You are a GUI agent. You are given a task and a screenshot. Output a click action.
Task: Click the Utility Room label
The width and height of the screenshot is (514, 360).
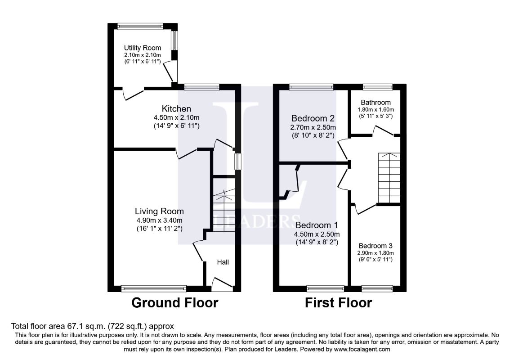[x=142, y=48]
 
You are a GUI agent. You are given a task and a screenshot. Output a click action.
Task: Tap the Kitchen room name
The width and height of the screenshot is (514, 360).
[x=176, y=108]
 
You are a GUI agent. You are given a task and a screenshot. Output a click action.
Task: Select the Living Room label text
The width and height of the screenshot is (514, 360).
[x=159, y=211]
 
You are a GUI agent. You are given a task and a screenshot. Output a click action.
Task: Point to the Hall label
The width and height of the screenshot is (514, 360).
[x=223, y=262]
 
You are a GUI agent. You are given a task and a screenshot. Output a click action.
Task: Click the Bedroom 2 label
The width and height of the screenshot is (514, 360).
[x=313, y=118]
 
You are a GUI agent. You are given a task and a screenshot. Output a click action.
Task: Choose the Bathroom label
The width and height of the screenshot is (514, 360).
[x=375, y=103]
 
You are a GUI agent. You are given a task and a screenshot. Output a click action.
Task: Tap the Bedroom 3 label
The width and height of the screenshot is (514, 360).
[x=375, y=246]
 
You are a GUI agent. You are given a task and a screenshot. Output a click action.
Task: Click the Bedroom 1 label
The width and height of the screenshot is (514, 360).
[x=317, y=225]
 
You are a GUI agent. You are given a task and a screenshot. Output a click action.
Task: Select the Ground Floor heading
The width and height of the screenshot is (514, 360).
[x=175, y=302]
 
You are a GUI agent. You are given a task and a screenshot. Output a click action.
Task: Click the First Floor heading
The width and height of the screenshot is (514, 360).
[x=338, y=302]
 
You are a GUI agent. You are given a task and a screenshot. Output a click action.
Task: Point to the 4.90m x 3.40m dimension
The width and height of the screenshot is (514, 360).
[x=159, y=220]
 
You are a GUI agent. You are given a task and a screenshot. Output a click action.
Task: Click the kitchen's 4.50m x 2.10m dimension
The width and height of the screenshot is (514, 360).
[x=176, y=117]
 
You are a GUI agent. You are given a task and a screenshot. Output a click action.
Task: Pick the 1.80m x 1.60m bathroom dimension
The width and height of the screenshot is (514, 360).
[x=375, y=110]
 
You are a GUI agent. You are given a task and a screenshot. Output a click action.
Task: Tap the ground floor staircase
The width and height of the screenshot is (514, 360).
[x=224, y=210]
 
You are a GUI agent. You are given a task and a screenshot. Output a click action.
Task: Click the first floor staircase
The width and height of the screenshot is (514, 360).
[x=389, y=178]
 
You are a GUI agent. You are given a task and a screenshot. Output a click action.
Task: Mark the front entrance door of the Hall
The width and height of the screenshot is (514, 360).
[x=222, y=284]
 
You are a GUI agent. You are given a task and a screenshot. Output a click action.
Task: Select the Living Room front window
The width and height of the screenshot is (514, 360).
[x=154, y=289]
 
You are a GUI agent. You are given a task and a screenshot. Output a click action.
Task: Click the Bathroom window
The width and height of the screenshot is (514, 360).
[x=378, y=87]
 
